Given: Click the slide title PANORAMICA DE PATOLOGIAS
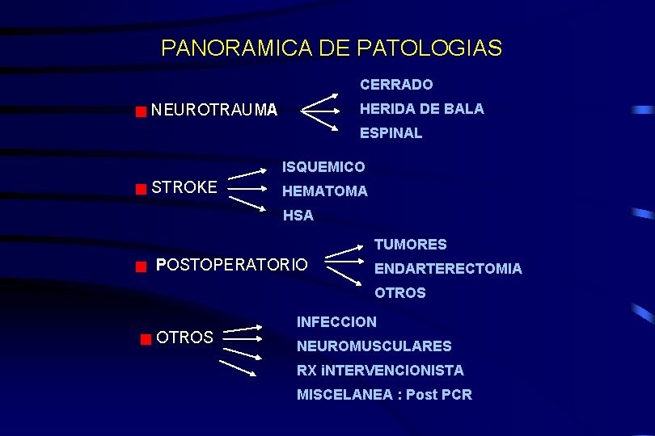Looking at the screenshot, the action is coord(332,48).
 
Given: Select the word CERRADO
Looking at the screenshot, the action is coord(396,85).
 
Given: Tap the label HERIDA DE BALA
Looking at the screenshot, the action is coord(421,109).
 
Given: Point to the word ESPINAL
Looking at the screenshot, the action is coord(391,133).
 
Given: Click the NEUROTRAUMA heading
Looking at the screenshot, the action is coord(214,109).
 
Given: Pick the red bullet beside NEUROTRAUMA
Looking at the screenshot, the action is coord(141,111).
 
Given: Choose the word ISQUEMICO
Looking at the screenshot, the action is coord(323,167).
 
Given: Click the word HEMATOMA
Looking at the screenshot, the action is coord(324,191).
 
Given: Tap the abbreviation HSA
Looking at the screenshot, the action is coord(298,216).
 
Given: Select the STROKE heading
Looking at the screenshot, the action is coord(184,188).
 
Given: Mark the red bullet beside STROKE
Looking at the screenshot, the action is coord(141,190).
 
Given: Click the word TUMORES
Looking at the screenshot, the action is coord(410,245).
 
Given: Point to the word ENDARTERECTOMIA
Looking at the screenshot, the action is coord(448,269).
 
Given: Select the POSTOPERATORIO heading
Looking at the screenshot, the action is coord(231,265).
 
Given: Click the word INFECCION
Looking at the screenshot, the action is coord(336,322).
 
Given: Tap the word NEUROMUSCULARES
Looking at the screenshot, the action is coord(374,346).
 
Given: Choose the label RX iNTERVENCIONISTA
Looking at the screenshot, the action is coord(380,371).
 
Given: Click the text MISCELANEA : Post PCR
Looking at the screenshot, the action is coord(384,395).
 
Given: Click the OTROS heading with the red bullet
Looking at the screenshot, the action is coord(184,337).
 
